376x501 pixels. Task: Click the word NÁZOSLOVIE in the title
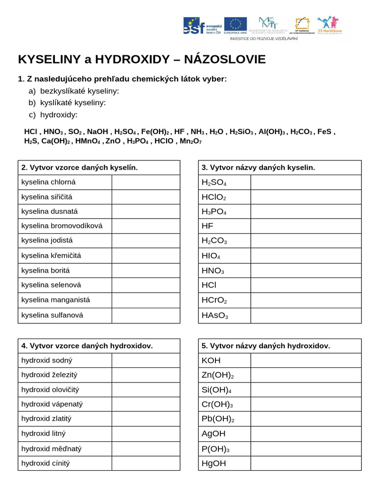[x=226, y=60]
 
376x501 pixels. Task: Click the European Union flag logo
[x=235, y=24]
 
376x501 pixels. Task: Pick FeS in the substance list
[x=325, y=132]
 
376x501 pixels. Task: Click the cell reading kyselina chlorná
[x=65, y=182]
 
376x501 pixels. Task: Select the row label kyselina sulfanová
[x=65, y=315]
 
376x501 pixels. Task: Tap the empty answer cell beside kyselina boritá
[x=145, y=270]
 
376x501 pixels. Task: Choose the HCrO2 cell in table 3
[x=224, y=300]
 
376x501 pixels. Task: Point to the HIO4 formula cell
[x=224, y=256]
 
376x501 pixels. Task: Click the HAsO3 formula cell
[x=224, y=316]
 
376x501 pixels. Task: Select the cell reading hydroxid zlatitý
[x=65, y=419]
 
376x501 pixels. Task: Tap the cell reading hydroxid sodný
[x=65, y=360]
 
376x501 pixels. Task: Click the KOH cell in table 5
[x=224, y=361]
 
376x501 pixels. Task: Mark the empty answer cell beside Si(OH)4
[x=306, y=390]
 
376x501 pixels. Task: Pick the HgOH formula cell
[x=224, y=463]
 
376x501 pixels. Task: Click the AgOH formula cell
[x=224, y=433]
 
